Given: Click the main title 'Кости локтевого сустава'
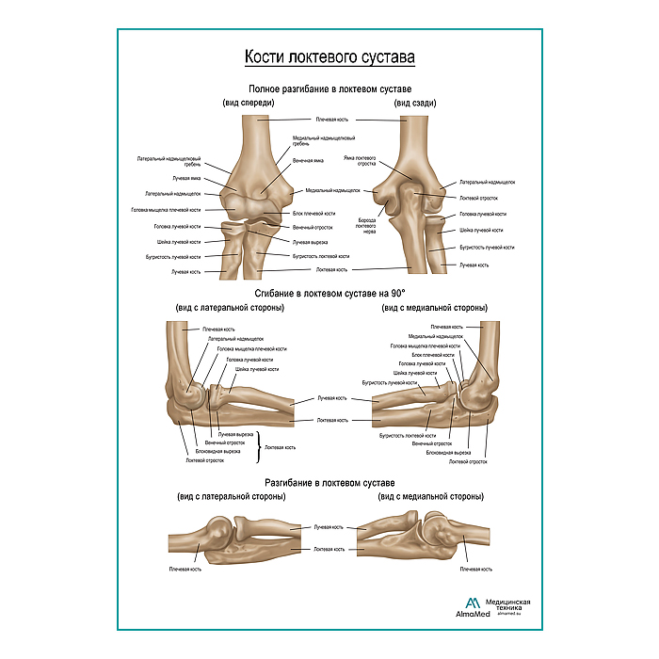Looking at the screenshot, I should coord(329,58).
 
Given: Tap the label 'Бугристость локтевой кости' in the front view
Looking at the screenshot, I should coord(321,256).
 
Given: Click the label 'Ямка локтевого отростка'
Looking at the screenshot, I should coord(360,160).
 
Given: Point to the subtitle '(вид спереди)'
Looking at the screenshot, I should coord(249,103).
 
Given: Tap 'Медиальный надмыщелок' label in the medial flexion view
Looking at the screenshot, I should coord(436,336).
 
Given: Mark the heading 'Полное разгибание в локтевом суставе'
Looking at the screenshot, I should coord(329,88).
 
